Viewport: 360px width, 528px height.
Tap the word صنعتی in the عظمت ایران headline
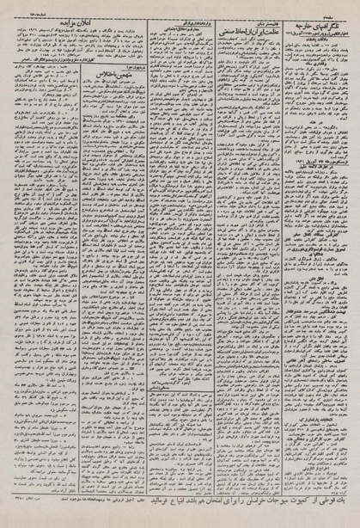point(206,21)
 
